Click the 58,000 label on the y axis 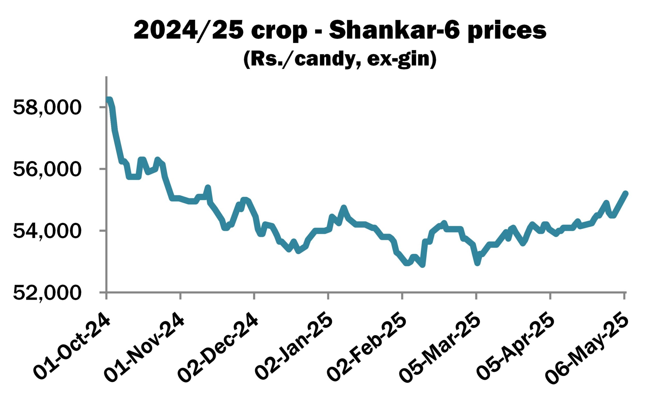coord(47,108)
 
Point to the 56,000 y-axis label coord(47,169)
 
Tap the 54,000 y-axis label coord(47,231)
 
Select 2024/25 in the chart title coord(189,31)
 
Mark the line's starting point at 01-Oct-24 coord(108,100)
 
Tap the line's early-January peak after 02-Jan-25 coord(344,208)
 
